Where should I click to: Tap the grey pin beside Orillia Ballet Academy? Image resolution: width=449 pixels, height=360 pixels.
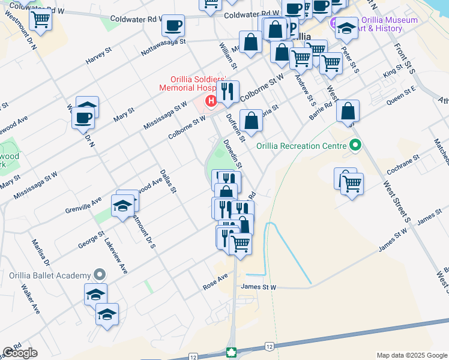click(100, 275)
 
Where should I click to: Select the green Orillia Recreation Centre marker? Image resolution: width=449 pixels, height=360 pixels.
click(355, 145)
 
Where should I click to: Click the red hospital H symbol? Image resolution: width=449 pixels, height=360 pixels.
click(211, 100)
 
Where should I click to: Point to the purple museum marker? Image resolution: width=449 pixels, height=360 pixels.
click(334, 24)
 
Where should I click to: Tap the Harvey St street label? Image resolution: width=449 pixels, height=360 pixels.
click(99, 58)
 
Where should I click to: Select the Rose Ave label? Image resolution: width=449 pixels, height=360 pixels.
click(216, 281)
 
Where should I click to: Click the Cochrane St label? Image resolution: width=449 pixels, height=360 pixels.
click(403, 163)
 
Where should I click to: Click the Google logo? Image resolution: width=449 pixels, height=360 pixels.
click(20, 353)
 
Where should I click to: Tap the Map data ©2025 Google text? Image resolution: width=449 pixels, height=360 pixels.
click(412, 355)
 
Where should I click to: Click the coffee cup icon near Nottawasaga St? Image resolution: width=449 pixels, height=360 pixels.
click(173, 26)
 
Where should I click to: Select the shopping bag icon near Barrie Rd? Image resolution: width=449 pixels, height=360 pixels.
click(348, 111)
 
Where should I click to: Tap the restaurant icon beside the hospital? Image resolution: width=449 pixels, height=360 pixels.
click(228, 91)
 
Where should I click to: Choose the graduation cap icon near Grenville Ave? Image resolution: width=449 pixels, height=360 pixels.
click(123, 206)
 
